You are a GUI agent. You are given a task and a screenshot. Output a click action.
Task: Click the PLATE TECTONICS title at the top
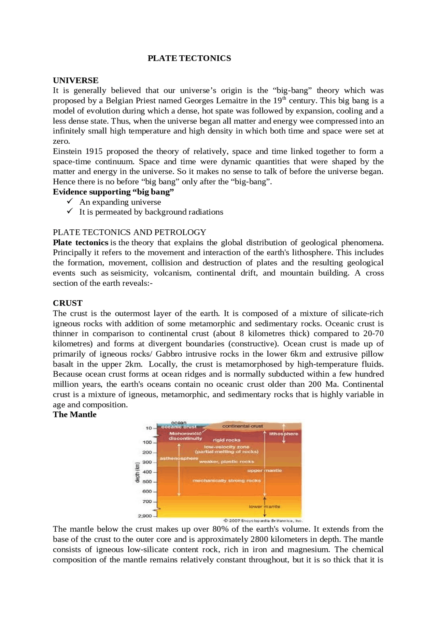pyautogui.click(x=189, y=58)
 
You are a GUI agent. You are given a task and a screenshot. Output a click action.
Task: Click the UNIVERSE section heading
pyautogui.click(x=75, y=81)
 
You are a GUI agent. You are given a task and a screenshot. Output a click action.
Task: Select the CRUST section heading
pyautogui.click(x=68, y=303)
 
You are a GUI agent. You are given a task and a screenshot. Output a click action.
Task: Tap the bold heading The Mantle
pyautogui.click(x=74, y=415)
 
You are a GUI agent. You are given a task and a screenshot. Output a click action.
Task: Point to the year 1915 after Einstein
pyautogui.click(x=94, y=152)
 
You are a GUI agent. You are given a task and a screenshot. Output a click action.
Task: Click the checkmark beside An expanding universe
pyautogui.click(x=70, y=202)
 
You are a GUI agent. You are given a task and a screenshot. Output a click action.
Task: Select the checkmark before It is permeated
pyautogui.click(x=70, y=212)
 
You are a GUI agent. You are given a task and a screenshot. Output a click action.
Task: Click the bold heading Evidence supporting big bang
pyautogui.click(x=113, y=192)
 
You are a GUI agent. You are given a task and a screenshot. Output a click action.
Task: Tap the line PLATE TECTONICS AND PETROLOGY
pyautogui.click(x=129, y=232)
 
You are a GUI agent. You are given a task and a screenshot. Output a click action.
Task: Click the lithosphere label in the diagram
pyautogui.click(x=283, y=434)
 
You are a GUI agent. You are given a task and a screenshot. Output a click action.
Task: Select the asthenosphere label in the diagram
pyautogui.click(x=179, y=458)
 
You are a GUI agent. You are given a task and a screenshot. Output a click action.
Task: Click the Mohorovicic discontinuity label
pyautogui.click(x=185, y=436)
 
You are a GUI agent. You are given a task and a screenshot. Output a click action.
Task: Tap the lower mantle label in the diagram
pyautogui.click(x=264, y=507)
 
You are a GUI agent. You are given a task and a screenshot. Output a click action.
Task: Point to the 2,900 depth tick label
pyautogui.click(x=145, y=516)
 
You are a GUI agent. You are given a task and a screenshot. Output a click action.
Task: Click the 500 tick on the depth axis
pyautogui.click(x=147, y=482)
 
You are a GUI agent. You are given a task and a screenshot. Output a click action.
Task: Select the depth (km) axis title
pyautogui.click(x=138, y=473)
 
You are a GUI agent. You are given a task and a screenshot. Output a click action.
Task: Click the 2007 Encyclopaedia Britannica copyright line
pyautogui.click(x=263, y=521)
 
